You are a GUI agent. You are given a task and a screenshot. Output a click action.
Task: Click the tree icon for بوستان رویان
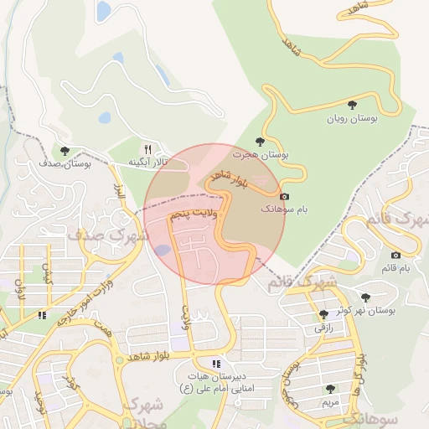351,105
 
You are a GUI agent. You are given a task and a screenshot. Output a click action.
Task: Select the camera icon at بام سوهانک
284,195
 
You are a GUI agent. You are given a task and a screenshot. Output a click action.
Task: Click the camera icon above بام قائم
395,255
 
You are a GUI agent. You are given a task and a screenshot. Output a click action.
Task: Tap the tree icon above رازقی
323,314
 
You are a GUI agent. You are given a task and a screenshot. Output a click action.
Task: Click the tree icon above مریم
331,389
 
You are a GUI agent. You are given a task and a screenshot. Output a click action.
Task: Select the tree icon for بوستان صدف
65,151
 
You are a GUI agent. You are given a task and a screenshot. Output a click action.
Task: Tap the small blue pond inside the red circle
163,250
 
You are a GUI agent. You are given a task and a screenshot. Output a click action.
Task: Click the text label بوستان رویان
353,119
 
